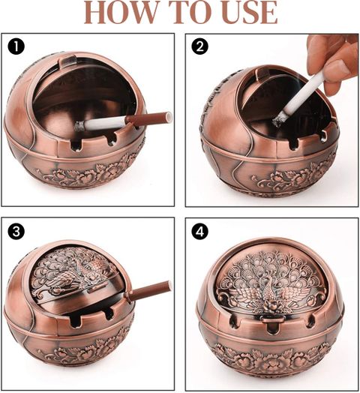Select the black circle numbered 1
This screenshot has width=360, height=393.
tap(16, 46)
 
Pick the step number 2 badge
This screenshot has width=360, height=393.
tap(199, 46)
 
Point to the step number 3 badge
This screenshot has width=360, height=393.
tap(16, 231)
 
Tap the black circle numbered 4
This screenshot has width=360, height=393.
tap(199, 231)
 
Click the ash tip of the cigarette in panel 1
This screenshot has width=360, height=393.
tap(79, 126)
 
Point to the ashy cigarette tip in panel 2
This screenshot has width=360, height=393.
tap(278, 120)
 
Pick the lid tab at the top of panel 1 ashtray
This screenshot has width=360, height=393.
tap(67, 61)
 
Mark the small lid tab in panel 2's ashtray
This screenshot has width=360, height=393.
tap(263, 73)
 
